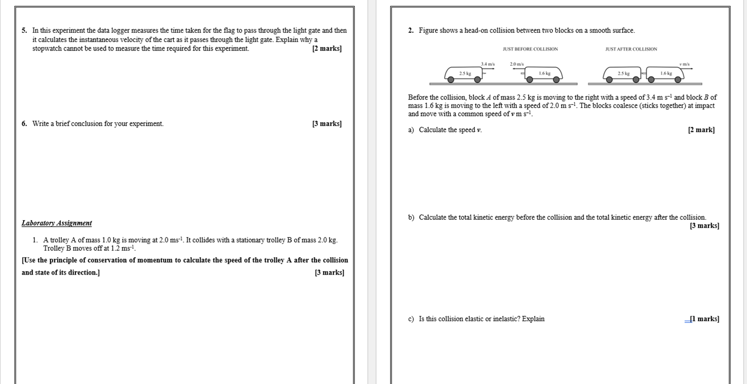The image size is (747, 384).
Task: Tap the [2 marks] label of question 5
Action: point(327,48)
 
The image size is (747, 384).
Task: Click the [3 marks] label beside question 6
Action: point(327,124)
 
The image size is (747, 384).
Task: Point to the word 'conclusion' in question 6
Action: point(87,124)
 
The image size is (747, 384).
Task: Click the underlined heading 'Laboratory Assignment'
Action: point(56,223)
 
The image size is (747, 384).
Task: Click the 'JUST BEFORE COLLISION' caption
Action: point(530,49)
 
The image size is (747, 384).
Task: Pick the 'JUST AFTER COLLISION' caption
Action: point(631,49)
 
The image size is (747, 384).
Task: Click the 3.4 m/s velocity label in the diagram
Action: point(488,64)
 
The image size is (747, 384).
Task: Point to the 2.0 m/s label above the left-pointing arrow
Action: point(517,64)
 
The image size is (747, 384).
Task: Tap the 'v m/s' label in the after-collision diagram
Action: point(685,64)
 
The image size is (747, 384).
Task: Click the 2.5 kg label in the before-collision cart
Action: point(465,73)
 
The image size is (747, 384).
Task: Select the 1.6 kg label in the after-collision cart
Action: point(666,73)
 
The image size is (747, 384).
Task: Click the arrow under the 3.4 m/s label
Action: point(486,73)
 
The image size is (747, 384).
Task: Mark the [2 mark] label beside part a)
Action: point(701,130)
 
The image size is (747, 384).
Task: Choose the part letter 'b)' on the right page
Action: point(411,218)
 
